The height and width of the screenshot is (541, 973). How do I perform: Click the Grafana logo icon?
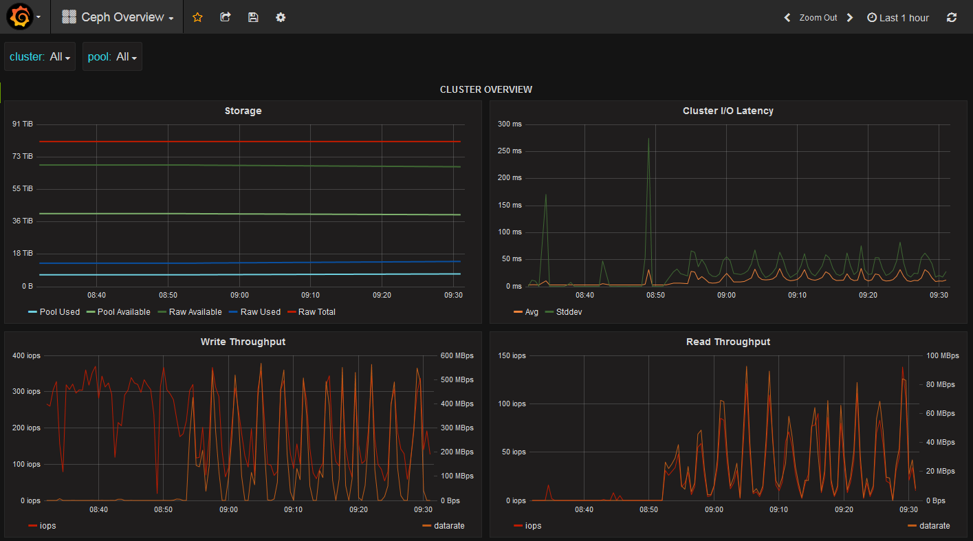point(19,17)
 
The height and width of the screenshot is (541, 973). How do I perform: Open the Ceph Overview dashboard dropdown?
point(118,17)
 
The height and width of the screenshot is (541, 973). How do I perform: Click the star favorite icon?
point(197,17)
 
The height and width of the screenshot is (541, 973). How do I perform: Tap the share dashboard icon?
point(226,17)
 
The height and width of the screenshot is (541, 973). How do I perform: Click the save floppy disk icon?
point(253,17)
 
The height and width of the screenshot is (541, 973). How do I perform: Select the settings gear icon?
point(281,17)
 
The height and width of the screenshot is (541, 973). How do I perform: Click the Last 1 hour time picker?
point(898,18)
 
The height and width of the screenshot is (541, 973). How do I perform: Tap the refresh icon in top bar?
point(952,17)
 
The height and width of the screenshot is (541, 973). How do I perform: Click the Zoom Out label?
point(818,18)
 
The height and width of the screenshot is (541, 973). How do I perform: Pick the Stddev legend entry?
point(567,312)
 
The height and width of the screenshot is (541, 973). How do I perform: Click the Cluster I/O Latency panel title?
point(728,111)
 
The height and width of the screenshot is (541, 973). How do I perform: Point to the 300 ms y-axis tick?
point(510,124)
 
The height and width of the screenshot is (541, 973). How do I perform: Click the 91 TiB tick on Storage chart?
point(23,124)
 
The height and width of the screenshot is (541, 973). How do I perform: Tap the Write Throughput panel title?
point(243,342)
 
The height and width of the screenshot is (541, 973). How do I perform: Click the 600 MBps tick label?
point(457,355)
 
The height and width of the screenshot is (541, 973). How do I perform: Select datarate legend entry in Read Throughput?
point(934,526)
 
